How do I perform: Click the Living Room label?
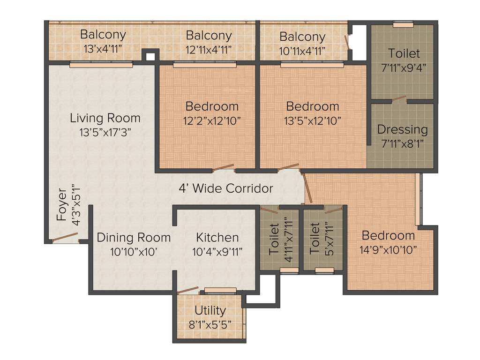tap(105, 117)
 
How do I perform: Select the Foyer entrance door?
tap(65, 237)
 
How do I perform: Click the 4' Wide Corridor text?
tap(226, 188)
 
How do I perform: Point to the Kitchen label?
tap(217, 237)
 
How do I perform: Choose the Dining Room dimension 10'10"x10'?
tap(133, 252)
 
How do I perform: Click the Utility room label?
tap(210, 310)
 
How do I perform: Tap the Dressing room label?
tap(402, 129)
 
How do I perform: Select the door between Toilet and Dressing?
tap(398, 99)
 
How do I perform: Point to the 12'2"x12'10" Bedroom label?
tap(212, 106)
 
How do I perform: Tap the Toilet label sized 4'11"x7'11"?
tap(274, 239)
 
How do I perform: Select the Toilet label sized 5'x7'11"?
tap(315, 239)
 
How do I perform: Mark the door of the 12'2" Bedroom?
tap(223, 168)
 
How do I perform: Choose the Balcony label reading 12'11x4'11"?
tap(209, 35)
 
